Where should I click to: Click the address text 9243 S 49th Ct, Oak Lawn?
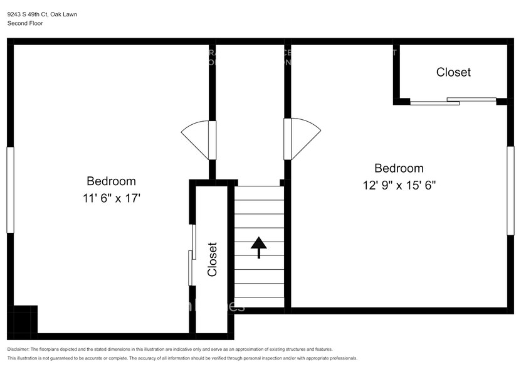(42, 14)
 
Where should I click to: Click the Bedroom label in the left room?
(111, 181)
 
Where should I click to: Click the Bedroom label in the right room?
(399, 168)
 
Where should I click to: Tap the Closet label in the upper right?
(453, 72)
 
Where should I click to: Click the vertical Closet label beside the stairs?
(213, 259)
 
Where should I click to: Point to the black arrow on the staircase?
(258, 247)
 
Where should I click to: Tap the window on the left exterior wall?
(10, 190)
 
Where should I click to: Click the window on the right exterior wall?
(510, 191)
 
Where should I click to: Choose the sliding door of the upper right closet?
(453, 101)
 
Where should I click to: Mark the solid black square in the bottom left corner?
(26, 320)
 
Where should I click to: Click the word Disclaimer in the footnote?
(19, 349)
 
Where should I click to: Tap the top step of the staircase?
(260, 193)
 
